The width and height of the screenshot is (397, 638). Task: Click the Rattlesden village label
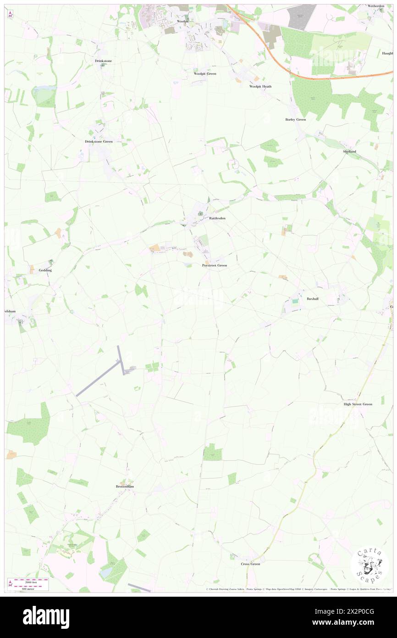pos(217,218)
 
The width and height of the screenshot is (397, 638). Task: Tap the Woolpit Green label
pos(204,73)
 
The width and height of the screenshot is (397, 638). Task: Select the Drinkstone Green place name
pos(99,141)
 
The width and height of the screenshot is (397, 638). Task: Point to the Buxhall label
pos(313,299)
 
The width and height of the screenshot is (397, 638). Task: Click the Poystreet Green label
pos(215,265)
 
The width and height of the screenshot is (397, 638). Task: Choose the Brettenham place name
pos(125,486)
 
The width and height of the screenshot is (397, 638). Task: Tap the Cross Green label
pos(250,564)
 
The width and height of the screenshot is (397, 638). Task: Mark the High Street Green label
pos(358,404)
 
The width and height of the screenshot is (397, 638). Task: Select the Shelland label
pos(349,151)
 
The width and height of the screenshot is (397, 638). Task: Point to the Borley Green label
pos(295,119)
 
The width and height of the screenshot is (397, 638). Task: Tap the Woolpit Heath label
pos(260,86)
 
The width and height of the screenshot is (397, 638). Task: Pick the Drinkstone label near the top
pos(103,61)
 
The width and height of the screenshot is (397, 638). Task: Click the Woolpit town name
pos(183,21)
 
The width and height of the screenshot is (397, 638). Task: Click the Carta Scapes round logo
pos(370,566)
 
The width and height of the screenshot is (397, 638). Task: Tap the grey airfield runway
pos(98,378)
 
